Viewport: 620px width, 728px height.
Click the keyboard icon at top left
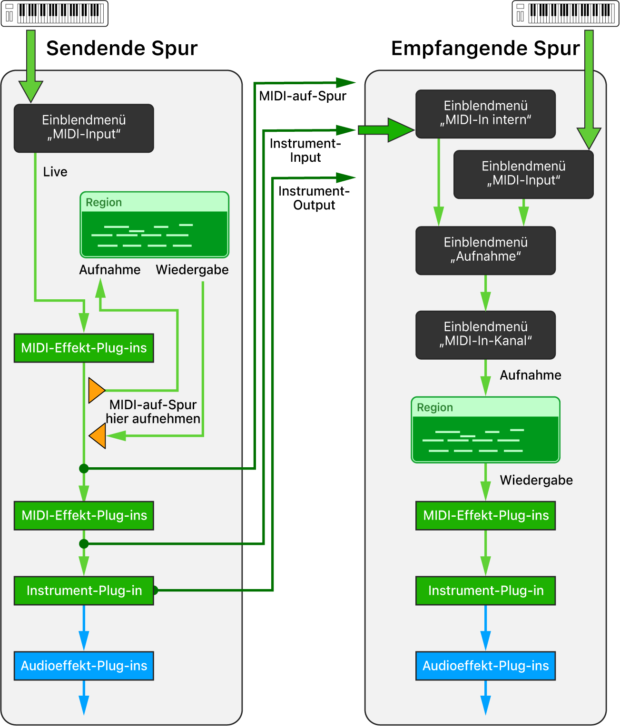55,13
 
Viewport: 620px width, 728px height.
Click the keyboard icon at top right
565,13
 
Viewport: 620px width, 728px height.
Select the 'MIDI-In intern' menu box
485,114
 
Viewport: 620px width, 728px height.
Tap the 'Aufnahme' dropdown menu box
485,250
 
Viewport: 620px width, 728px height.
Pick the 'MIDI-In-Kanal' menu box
485,334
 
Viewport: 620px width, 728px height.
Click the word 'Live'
55,172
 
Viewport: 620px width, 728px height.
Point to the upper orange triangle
96,390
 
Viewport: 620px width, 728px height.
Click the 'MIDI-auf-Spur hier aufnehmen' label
153,412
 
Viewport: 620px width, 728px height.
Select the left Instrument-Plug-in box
84,590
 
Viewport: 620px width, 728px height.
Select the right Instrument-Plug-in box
485,590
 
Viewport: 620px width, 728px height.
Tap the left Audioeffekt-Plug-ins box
84,666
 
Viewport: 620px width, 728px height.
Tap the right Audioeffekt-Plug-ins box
485,666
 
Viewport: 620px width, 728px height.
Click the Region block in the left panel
154,225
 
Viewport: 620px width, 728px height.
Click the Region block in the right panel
485,430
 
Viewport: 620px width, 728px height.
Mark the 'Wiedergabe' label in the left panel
192,270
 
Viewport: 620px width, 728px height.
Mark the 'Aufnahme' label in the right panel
530,375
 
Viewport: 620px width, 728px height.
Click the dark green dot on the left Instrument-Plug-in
155,590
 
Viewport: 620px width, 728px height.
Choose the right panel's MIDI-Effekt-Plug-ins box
485,515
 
